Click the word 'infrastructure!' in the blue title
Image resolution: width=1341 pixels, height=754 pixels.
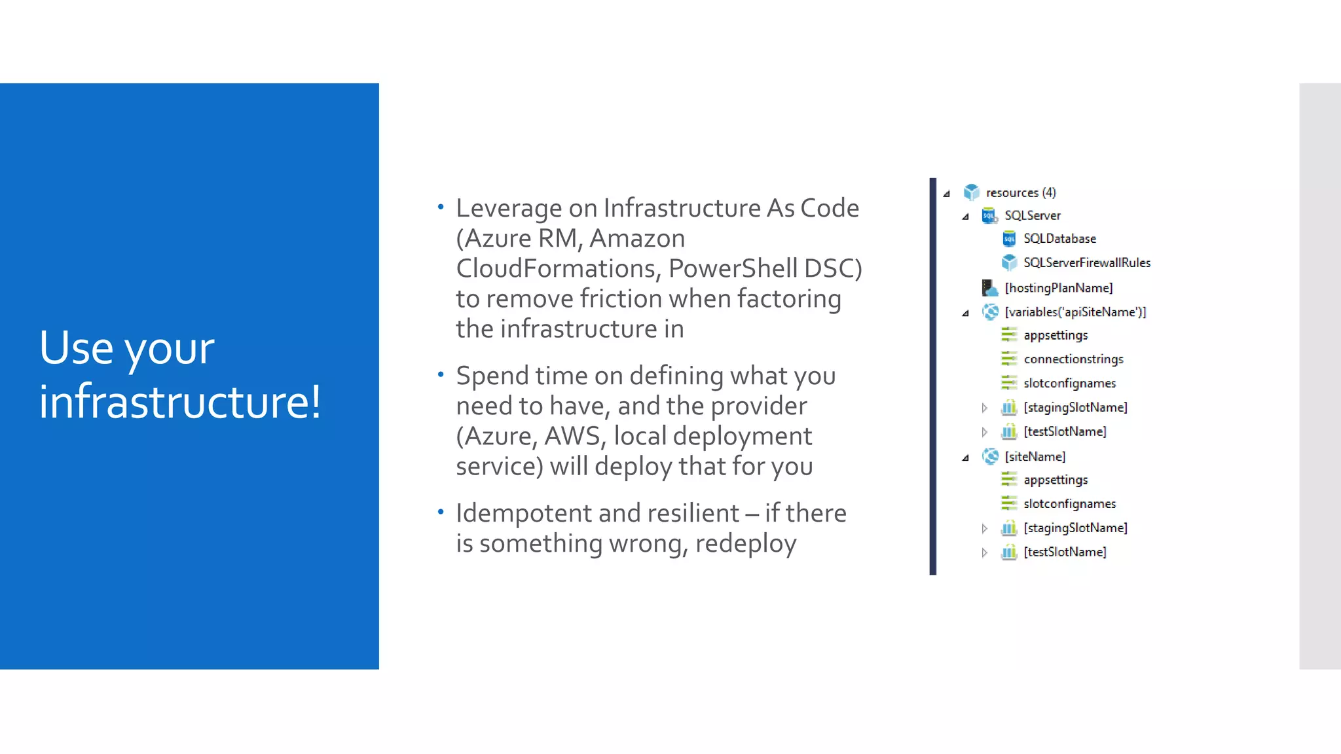180,401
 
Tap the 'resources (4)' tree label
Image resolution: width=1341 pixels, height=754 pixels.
1020,192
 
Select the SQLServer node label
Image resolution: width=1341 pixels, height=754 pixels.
1032,215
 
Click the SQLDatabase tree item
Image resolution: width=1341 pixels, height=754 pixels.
1059,239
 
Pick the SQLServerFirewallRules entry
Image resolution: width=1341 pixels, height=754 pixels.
1086,262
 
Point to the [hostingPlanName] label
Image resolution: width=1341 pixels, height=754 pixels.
1058,288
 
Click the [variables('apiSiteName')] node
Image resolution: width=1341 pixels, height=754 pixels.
1075,312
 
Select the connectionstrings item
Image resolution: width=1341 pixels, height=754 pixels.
1073,359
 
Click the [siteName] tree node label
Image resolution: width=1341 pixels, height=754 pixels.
1035,457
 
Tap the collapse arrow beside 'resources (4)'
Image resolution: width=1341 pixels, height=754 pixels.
946,194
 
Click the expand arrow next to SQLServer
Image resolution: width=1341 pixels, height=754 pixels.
965,217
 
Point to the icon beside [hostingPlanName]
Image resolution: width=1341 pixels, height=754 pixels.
989,288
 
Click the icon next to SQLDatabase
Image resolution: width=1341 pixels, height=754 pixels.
1009,239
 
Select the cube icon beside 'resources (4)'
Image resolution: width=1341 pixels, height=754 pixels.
971,192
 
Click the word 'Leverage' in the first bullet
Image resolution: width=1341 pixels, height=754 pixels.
509,209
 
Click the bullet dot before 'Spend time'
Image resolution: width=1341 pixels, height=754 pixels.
441,374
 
